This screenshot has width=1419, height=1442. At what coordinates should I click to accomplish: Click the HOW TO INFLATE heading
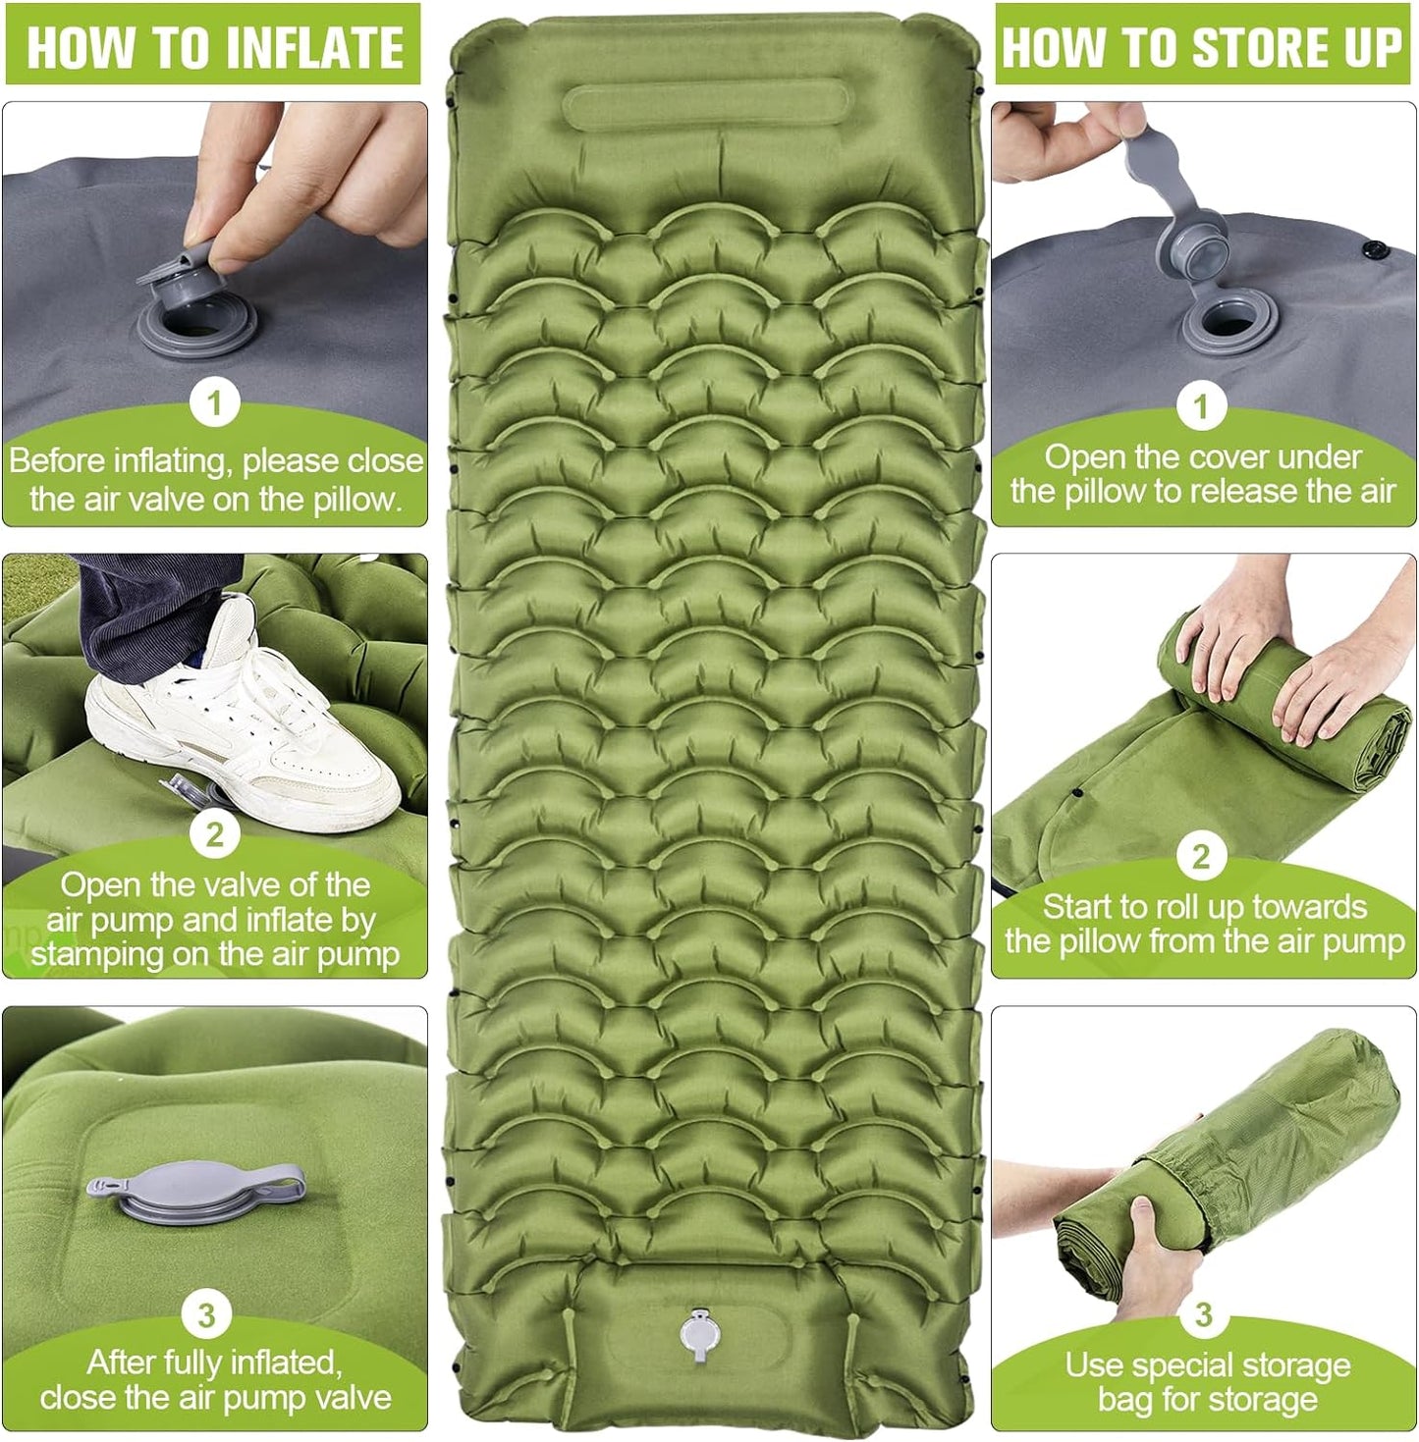pyautogui.click(x=213, y=46)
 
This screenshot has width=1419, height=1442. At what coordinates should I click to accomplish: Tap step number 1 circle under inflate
pyautogui.click(x=214, y=403)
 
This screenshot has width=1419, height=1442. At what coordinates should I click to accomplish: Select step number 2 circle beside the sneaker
pyautogui.click(x=214, y=835)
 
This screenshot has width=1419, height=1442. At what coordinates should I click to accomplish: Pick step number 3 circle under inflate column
pyautogui.click(x=206, y=1314)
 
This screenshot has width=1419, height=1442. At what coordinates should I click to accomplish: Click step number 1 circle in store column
pyautogui.click(x=1200, y=406)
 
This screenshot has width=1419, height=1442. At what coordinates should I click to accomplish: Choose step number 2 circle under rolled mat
pyautogui.click(x=1200, y=857)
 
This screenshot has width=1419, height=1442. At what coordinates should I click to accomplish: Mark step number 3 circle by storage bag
pyautogui.click(x=1203, y=1314)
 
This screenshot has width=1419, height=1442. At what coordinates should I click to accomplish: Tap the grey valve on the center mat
pyautogui.click(x=699, y=1333)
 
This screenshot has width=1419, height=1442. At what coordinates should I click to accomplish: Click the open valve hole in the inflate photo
pyautogui.click(x=196, y=324)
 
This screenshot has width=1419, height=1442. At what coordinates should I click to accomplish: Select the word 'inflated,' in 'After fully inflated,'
pyautogui.click(x=286, y=1362)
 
